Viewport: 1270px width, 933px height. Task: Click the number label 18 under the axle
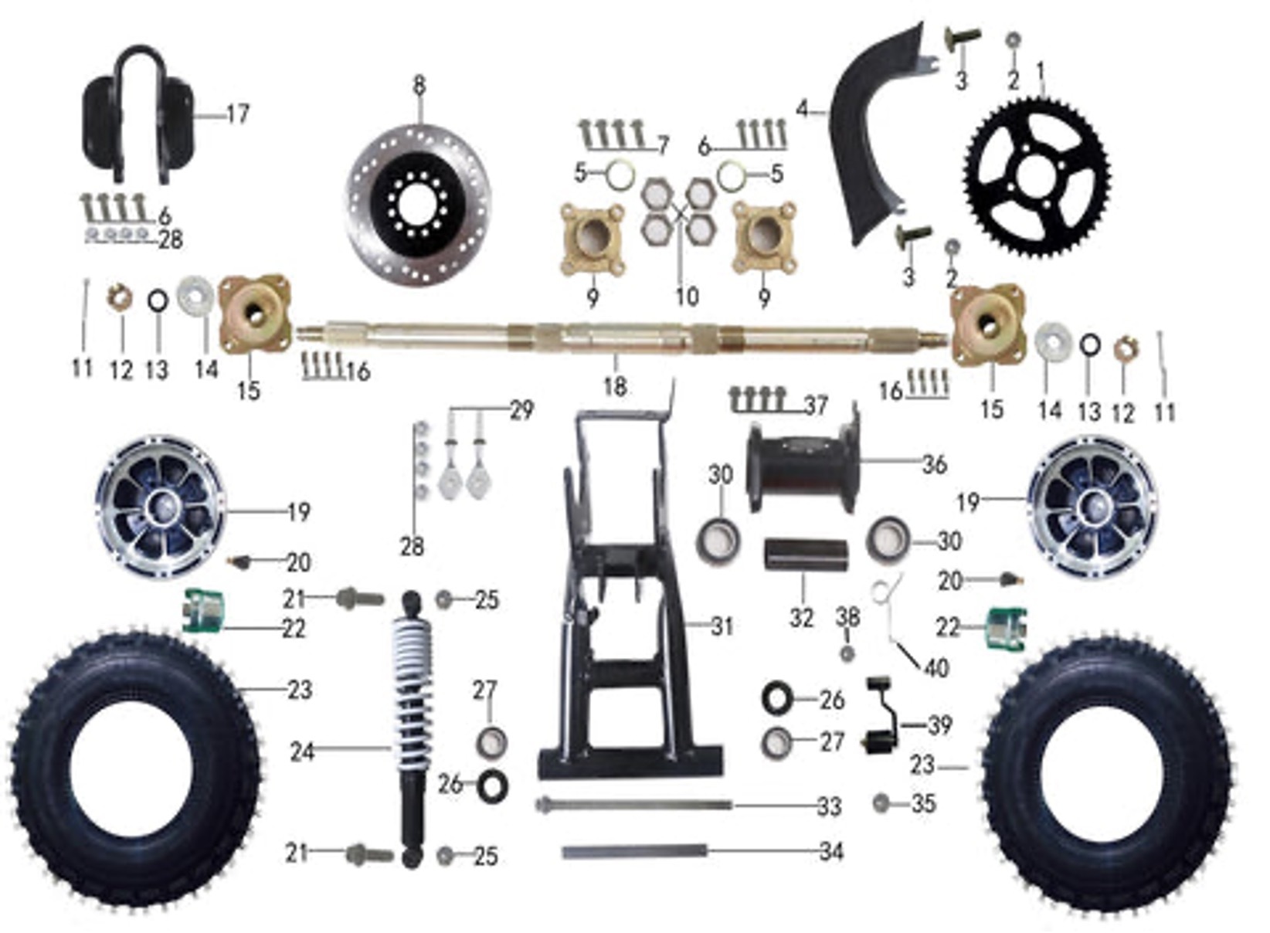(x=615, y=385)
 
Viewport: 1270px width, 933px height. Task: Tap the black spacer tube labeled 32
(x=806, y=556)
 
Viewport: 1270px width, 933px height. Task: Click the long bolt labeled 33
(x=633, y=806)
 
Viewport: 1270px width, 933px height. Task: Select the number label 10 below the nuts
(x=686, y=297)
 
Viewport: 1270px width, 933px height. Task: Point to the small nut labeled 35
(x=881, y=803)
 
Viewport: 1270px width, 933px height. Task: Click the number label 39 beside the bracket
(x=939, y=725)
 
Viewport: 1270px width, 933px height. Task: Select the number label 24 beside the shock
(x=302, y=751)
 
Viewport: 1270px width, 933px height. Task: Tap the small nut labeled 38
(x=847, y=653)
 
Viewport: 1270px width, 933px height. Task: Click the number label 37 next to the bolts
(x=815, y=405)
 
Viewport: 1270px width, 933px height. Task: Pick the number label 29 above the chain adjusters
(x=521, y=410)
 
